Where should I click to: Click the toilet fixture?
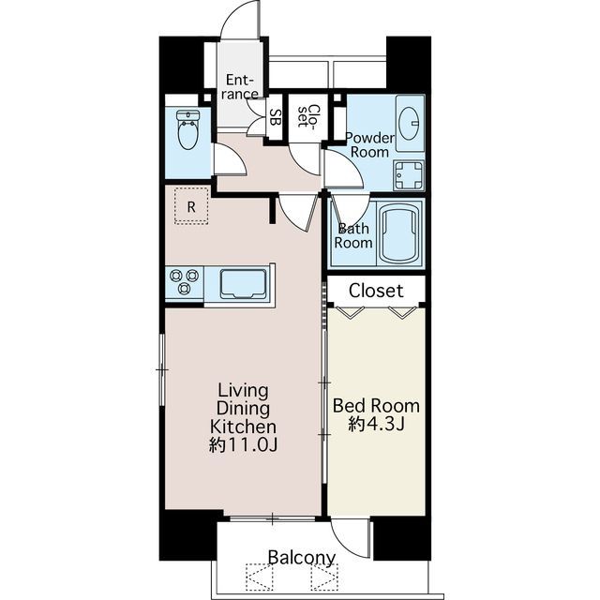[x=188, y=129]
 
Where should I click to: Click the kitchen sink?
[x=243, y=283]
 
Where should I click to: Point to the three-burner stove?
[x=185, y=282]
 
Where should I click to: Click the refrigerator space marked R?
[x=191, y=206]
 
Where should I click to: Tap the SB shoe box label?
[x=275, y=117]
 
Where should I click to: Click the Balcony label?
[x=302, y=558]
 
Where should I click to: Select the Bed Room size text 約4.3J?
[x=376, y=424]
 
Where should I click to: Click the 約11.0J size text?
[x=243, y=444]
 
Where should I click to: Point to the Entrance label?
[x=240, y=87]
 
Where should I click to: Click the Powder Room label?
[x=369, y=144]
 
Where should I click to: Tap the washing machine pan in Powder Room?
[x=409, y=175]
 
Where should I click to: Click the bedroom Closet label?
[x=376, y=291]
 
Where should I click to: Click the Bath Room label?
[x=353, y=235]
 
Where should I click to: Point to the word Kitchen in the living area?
[x=243, y=427]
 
